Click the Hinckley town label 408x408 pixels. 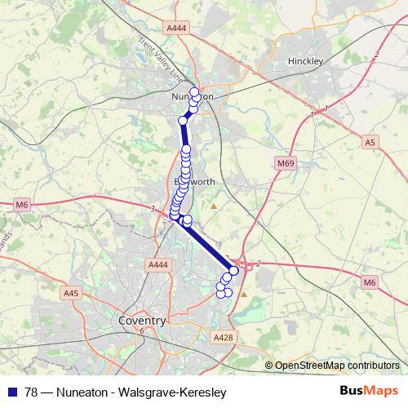307,61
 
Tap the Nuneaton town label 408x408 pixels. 193,96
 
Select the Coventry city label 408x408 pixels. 142,321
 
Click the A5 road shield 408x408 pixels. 371,142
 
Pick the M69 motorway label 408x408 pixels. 285,164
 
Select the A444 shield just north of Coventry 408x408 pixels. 157,264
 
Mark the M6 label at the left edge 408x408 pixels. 21,205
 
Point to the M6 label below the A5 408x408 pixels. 370,282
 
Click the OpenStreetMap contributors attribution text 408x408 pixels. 336,366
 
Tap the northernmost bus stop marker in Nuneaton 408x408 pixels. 194,91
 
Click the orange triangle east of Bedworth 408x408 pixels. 215,206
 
